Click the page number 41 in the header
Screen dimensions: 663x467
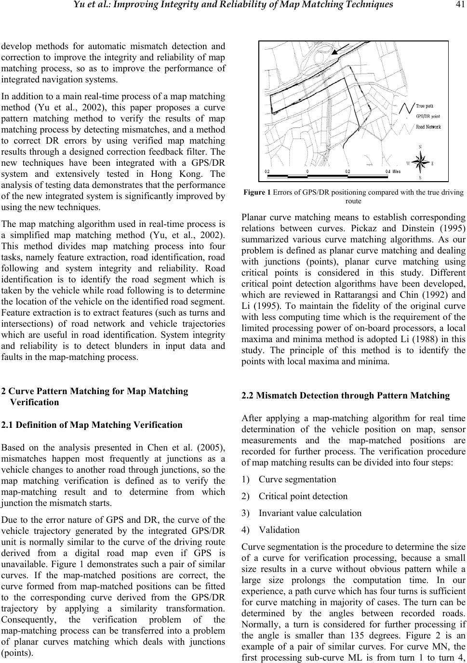tap(458, 5)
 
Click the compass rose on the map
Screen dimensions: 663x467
tap(421, 162)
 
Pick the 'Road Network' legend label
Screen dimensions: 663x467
tap(428, 127)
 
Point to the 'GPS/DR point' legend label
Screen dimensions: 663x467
tap(428, 116)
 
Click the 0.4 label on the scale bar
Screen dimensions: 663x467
tap(387, 171)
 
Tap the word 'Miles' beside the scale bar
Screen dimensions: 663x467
tap(397, 171)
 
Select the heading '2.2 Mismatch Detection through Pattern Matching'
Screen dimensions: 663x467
tap(346, 396)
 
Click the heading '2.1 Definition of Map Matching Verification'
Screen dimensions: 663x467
tap(92, 425)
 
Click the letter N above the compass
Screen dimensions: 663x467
tap(420, 147)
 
